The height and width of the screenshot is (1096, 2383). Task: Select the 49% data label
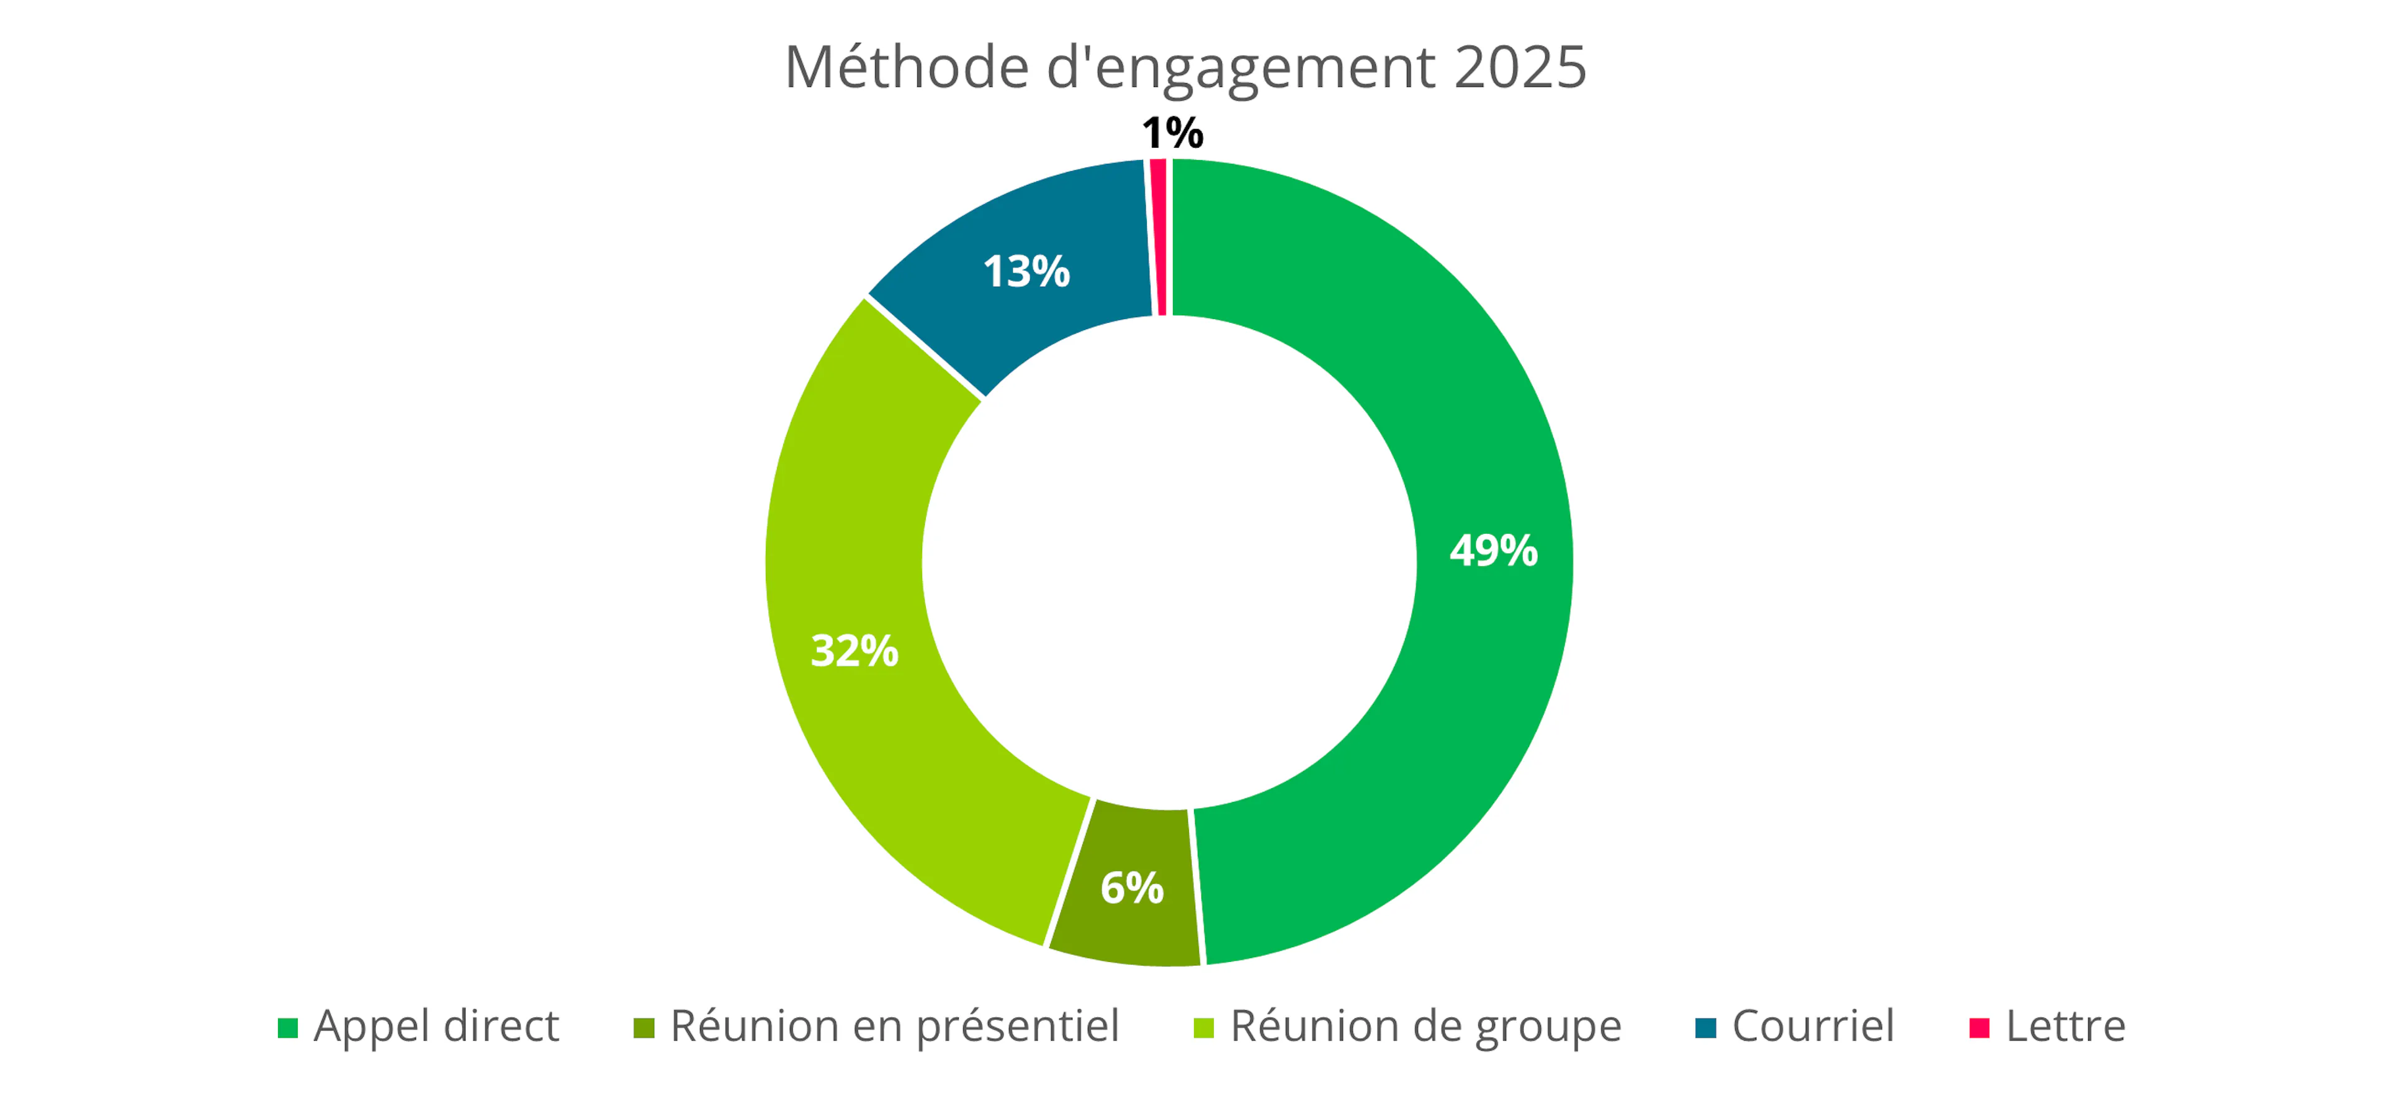(x=1493, y=550)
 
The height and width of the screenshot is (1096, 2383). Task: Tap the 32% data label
(x=854, y=650)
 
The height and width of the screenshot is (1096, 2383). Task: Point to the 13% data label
(x=1026, y=271)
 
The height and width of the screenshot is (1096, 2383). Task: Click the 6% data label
(x=1131, y=888)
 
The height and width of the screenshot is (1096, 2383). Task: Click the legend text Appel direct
(x=436, y=1026)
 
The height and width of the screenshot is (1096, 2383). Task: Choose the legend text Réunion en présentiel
(x=894, y=1026)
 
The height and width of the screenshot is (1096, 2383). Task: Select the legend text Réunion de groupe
(x=1425, y=1026)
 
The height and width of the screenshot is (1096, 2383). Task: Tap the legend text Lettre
(x=2066, y=1026)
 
